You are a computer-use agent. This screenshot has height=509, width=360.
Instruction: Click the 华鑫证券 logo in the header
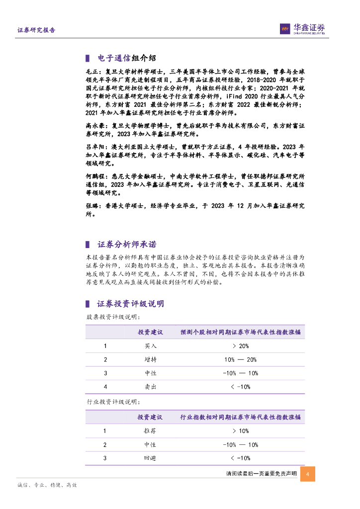tap(302, 29)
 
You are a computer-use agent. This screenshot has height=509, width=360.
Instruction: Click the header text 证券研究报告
tap(36, 30)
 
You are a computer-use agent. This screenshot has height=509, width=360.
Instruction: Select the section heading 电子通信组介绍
tap(121, 59)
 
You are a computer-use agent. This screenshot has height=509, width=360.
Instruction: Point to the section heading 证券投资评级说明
tap(130, 304)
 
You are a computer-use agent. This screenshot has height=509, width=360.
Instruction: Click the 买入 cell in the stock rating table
tap(150, 346)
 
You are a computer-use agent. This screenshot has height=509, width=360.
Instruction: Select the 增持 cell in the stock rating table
tap(150, 359)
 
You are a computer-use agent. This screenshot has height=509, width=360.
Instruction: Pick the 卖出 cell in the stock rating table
tap(150, 386)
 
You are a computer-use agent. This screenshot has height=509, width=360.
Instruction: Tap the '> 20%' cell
tap(240, 346)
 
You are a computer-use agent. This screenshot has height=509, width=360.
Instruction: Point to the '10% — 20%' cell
tap(240, 359)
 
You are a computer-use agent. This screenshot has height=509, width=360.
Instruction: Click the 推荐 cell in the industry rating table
tap(150, 431)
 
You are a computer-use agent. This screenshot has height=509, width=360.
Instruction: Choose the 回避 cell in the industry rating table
tap(150, 458)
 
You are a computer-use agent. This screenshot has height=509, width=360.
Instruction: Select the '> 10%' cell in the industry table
tap(240, 431)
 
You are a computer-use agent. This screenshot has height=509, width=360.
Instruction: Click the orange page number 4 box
tap(308, 474)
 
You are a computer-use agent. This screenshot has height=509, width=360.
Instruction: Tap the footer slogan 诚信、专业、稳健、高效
tap(47, 485)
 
